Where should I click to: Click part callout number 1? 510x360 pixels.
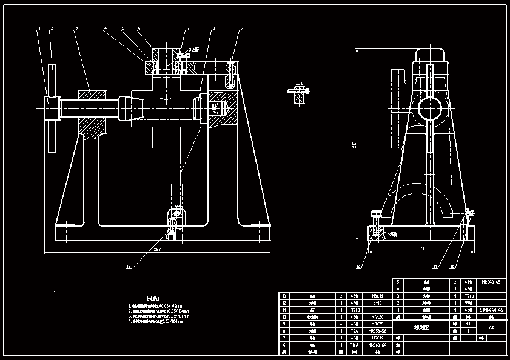coord(39,28)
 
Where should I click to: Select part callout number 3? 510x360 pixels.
coord(76,28)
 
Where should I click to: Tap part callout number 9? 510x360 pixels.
coord(241,28)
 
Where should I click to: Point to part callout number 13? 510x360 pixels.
coord(128,266)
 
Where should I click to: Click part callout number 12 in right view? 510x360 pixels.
coord(358,266)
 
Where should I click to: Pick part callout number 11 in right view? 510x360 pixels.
coord(435,266)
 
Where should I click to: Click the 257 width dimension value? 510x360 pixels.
coord(158,249)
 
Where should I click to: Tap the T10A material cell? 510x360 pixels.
coord(354,344)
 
